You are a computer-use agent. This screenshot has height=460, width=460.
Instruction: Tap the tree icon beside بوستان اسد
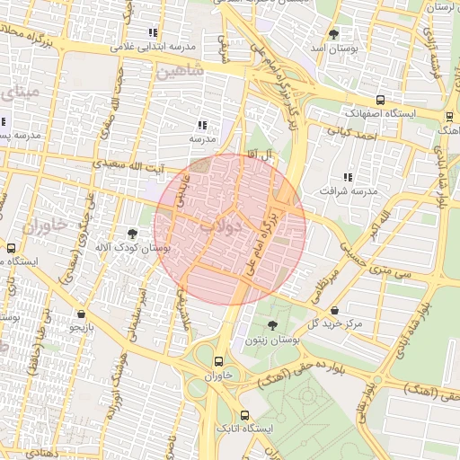(334, 34)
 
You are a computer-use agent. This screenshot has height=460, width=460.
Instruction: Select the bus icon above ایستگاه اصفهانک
(381, 101)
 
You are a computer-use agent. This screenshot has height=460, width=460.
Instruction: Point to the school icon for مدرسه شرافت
(348, 178)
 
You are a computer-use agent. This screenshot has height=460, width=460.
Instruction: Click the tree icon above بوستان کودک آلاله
(133, 234)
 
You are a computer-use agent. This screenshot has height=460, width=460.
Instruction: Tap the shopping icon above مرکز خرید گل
(334, 310)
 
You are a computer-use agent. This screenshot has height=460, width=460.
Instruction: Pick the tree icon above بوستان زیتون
(272, 324)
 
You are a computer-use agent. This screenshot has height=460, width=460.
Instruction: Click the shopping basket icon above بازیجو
(83, 314)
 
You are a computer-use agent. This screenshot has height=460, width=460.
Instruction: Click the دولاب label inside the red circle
(221, 227)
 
